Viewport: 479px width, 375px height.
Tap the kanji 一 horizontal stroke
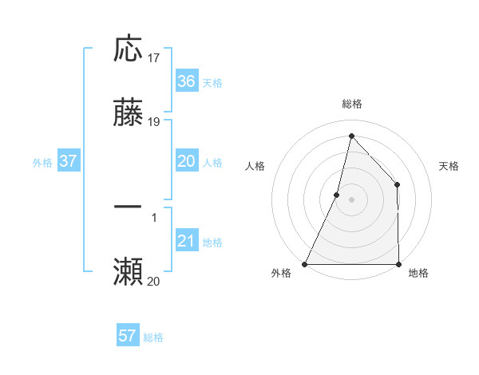128,207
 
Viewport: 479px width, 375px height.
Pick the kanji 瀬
128,271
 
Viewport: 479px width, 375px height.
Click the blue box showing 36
186,81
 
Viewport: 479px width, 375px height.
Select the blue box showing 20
186,161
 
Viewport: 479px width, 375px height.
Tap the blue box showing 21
186,241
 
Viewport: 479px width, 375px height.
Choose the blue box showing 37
68,161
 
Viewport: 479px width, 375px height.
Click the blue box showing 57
127,336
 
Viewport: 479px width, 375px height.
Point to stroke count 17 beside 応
154,58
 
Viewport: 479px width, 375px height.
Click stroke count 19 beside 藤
154,123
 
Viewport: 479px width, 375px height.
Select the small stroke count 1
153,216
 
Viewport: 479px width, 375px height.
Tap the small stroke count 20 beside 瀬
154,281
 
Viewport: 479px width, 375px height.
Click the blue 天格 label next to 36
212,82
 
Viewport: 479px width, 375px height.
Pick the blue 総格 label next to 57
153,337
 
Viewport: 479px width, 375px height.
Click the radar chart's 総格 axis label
351,104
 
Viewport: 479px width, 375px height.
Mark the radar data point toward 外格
305,263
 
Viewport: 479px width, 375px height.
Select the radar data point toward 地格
398,263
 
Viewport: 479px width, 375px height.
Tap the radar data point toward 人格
337,194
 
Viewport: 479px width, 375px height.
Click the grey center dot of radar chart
351,199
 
